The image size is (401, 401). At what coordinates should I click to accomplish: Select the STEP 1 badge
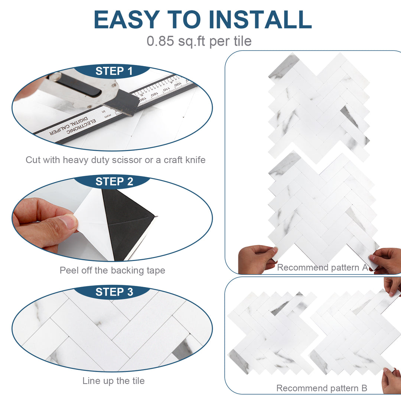(x=114, y=71)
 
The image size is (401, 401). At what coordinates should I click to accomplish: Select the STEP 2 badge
(x=114, y=182)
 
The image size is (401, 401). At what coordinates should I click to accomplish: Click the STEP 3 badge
(x=114, y=292)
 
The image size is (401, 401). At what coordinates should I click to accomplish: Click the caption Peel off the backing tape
(x=112, y=270)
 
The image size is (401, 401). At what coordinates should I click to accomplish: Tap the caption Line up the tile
(x=113, y=381)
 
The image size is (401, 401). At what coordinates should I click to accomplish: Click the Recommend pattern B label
(x=322, y=388)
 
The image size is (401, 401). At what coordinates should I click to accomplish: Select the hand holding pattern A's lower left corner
(x=256, y=259)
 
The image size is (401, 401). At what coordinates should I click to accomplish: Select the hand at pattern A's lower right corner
(x=386, y=260)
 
